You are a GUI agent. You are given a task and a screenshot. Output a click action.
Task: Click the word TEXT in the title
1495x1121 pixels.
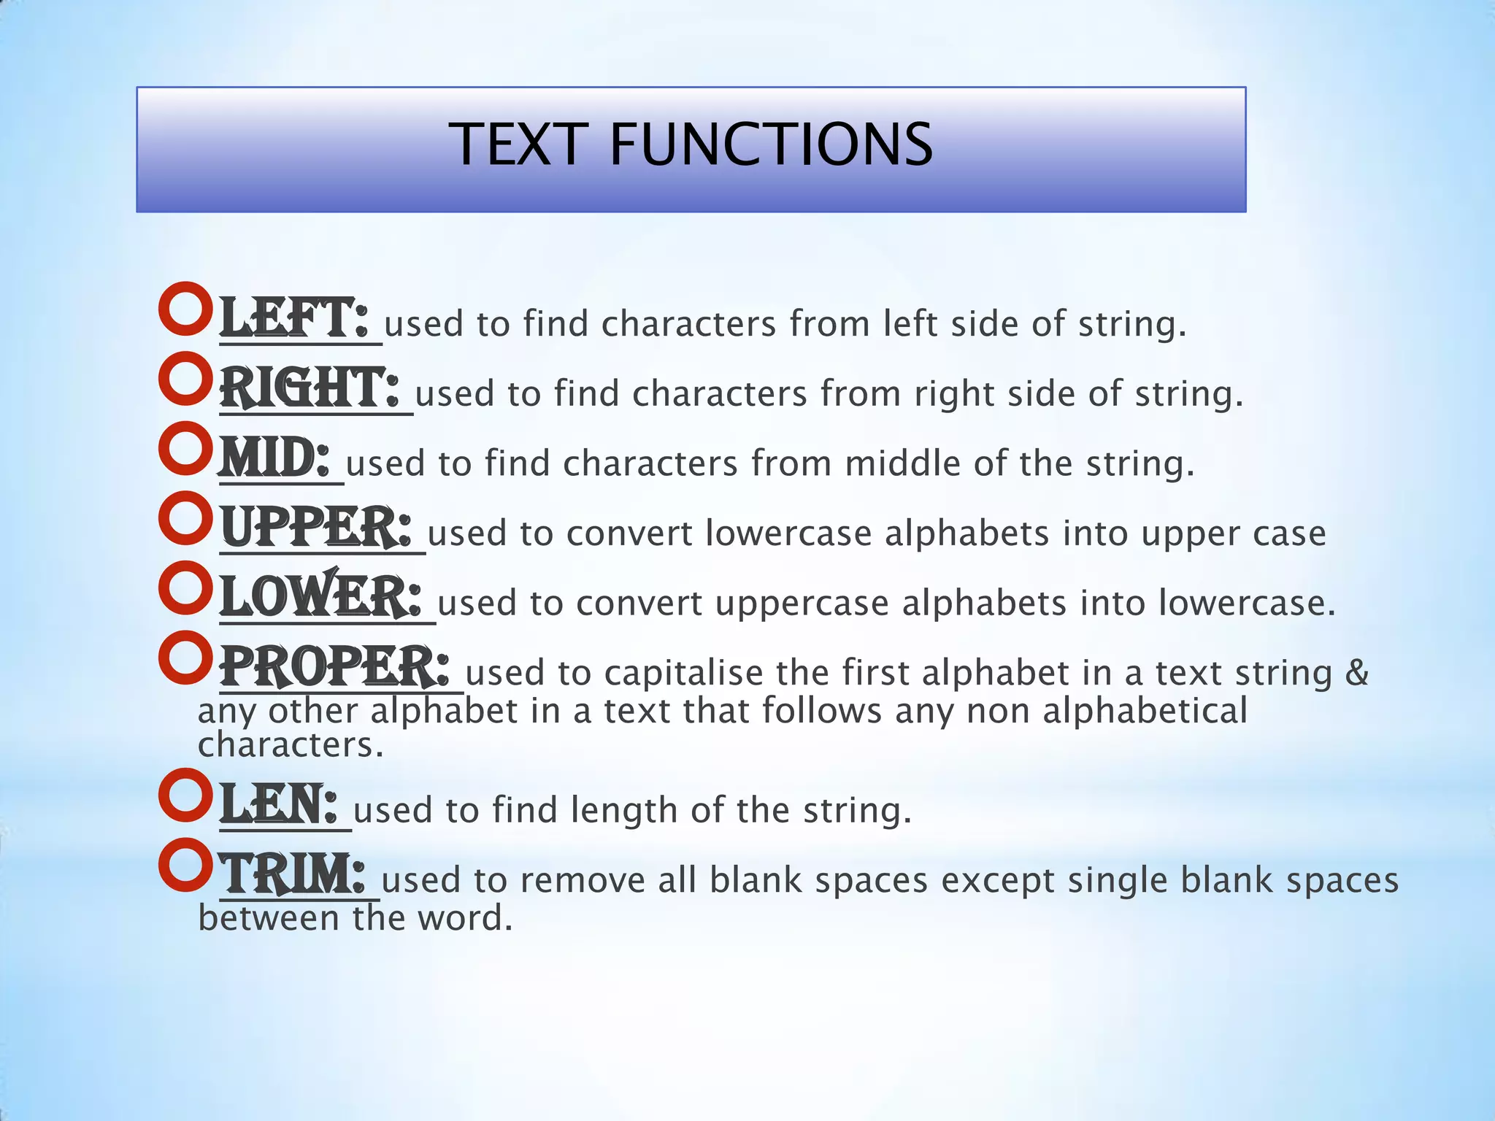coord(518,145)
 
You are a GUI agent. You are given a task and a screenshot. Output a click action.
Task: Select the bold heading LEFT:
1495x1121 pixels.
coord(295,318)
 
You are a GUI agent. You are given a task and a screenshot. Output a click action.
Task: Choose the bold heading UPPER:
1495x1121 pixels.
coord(316,528)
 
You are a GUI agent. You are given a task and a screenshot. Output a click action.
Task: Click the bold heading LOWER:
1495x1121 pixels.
coord(321,597)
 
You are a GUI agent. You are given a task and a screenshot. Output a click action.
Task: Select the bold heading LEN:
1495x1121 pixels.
coord(280,804)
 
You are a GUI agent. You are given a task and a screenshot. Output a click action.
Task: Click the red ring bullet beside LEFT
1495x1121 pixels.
coord(185,309)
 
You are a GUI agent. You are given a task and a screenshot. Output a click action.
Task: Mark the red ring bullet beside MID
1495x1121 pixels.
coord(185,448)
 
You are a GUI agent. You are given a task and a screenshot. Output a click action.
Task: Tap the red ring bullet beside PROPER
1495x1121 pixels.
coord(185,658)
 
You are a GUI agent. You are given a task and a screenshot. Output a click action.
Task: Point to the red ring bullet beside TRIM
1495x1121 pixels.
coord(185,865)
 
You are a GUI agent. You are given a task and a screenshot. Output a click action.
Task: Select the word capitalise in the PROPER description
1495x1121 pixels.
coord(683,672)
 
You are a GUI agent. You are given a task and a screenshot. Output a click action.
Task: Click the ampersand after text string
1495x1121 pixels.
coord(1356,672)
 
